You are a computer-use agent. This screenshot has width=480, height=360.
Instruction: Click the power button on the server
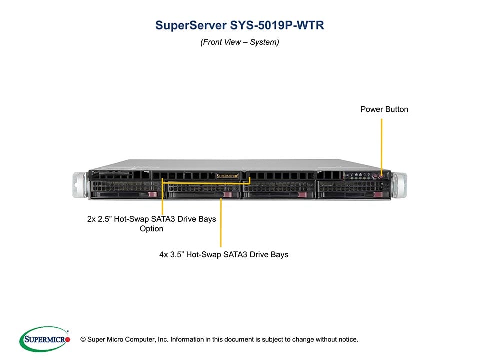pyautogui.click(x=382, y=176)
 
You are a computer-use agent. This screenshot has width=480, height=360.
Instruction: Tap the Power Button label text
pyautogui.click(x=384, y=109)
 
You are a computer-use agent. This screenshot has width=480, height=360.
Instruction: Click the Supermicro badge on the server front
pyautogui.click(x=228, y=176)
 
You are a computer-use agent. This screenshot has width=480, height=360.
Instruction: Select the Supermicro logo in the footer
pyautogui.click(x=44, y=339)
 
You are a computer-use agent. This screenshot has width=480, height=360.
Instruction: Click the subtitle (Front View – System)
pyautogui.click(x=240, y=42)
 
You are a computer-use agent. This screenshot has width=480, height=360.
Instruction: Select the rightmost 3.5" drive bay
pyautogui.click(x=353, y=190)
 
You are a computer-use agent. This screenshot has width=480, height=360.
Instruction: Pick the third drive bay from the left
pyautogui.click(x=278, y=190)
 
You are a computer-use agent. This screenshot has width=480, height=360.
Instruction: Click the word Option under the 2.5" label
pyautogui.click(x=152, y=229)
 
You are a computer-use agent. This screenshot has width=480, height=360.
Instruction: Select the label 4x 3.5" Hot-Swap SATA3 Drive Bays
pyautogui.click(x=220, y=255)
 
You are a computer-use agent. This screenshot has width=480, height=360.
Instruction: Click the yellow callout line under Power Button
pyautogui.click(x=382, y=145)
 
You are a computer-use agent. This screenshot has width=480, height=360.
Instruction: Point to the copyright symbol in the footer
pyautogui.click(x=76, y=340)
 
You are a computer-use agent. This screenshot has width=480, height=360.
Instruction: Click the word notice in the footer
pyautogui.click(x=348, y=340)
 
